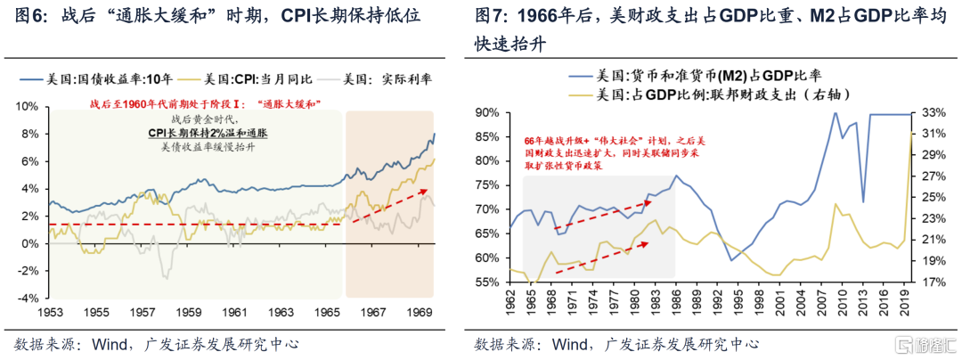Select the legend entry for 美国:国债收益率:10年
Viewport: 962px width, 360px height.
[98, 79]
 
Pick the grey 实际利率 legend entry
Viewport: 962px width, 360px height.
[378, 79]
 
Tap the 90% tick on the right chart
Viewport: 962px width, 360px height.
[488, 113]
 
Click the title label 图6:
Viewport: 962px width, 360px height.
[26, 15]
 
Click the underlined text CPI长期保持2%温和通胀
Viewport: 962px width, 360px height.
[208, 133]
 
